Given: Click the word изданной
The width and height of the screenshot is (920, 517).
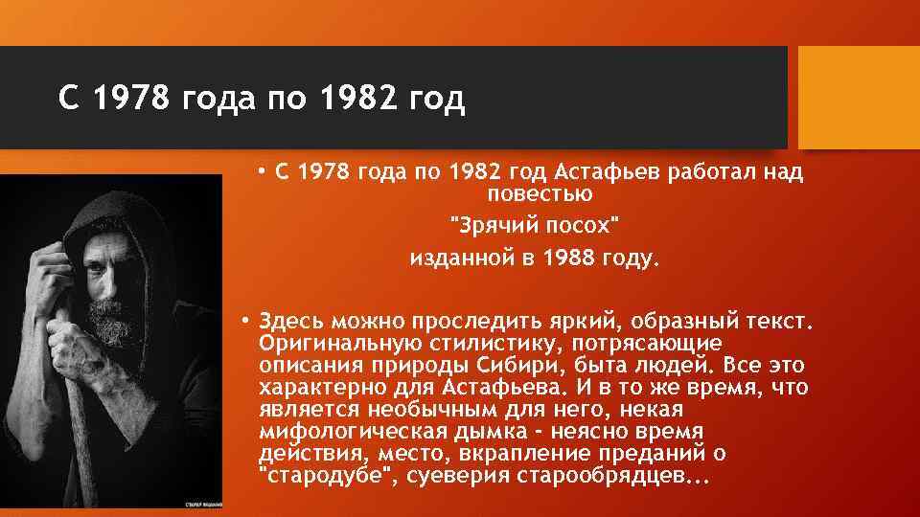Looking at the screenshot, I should [455, 258].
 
